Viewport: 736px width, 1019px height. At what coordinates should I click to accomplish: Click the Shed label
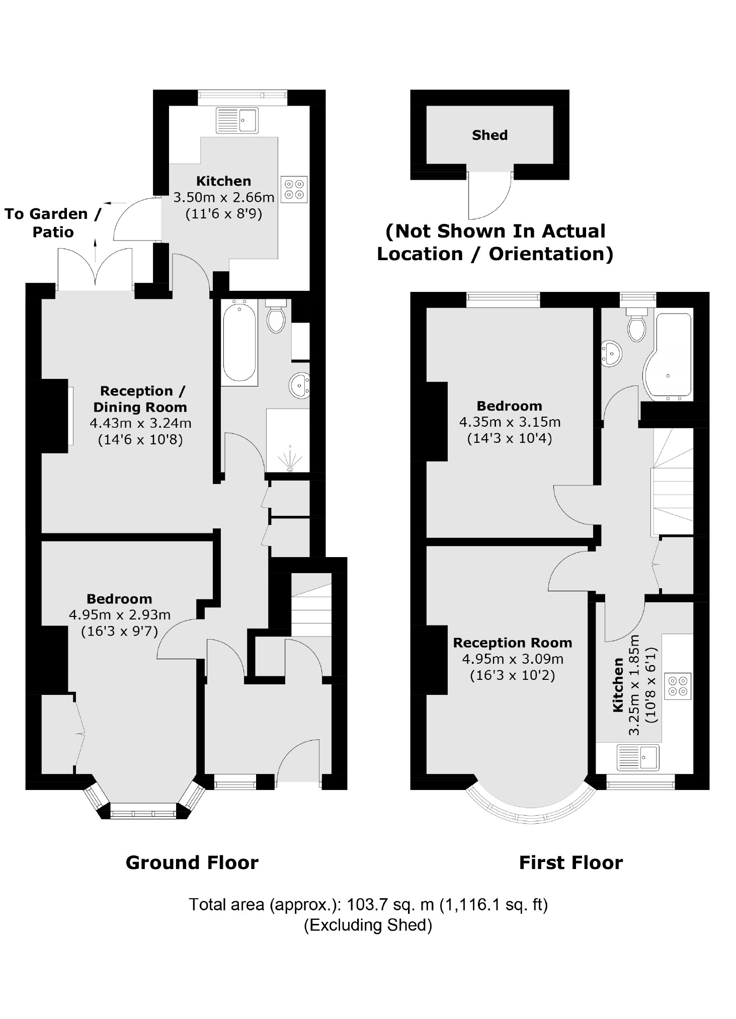tap(489, 135)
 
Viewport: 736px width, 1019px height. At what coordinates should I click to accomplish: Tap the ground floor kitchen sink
tap(237, 121)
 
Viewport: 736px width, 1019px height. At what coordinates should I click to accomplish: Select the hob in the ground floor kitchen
tap(294, 189)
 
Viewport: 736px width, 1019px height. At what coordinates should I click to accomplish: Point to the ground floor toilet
tap(276, 317)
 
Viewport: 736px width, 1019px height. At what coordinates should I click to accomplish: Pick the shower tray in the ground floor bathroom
tap(288, 441)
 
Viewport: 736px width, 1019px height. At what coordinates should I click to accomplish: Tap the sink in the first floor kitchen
tap(638, 757)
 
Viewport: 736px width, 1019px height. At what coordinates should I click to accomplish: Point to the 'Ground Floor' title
tap(192, 863)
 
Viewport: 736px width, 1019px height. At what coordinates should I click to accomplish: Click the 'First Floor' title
tap(570, 863)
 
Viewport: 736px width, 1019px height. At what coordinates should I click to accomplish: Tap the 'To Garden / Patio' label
tap(53, 222)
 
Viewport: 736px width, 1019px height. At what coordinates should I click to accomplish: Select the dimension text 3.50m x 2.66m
tap(224, 197)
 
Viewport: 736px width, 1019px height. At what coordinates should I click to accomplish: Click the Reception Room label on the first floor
tap(512, 643)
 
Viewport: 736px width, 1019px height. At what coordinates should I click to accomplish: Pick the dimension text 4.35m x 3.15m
tap(510, 422)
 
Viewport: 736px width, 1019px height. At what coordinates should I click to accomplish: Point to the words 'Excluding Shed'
tap(368, 925)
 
